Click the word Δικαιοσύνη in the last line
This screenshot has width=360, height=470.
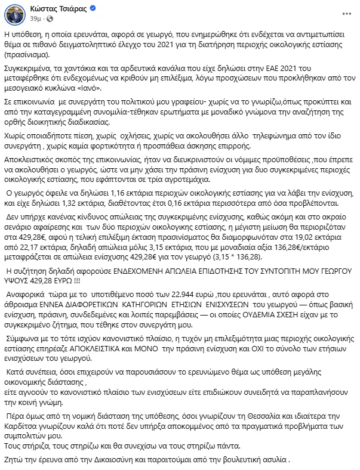[124, 459]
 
